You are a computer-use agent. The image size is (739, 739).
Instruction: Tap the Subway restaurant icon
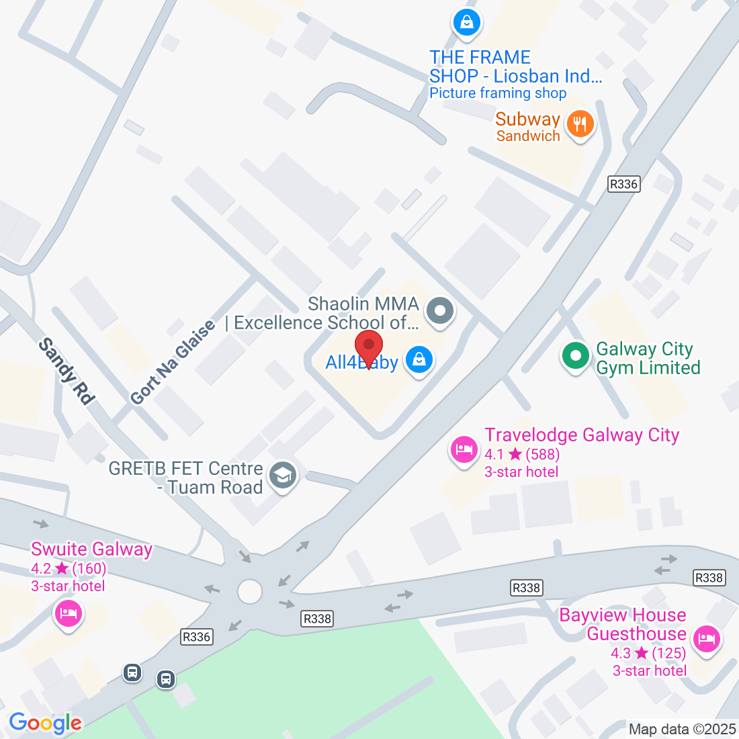(x=580, y=124)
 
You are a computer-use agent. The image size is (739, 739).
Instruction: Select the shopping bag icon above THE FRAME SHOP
(x=466, y=23)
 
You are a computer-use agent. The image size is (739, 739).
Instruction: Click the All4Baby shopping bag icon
(x=419, y=360)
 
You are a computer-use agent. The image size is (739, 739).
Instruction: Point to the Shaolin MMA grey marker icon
(x=441, y=311)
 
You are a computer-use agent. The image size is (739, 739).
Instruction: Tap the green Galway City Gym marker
(x=575, y=356)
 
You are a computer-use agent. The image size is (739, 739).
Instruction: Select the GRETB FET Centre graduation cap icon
(x=283, y=476)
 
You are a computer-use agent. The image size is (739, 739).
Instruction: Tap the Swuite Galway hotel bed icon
(x=69, y=613)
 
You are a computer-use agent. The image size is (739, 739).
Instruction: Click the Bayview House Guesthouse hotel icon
(x=705, y=638)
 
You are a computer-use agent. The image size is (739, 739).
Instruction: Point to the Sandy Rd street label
(x=66, y=372)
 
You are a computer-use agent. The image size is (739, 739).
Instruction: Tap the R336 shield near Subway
(x=623, y=184)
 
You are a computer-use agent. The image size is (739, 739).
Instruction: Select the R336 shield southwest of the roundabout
(x=197, y=636)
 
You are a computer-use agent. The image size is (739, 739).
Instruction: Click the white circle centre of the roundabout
(x=249, y=592)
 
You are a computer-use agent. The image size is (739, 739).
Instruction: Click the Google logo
(x=45, y=723)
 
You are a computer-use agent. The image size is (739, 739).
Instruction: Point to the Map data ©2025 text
(x=682, y=729)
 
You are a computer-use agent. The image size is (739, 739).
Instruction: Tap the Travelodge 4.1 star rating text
(x=522, y=454)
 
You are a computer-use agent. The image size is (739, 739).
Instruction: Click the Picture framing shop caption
(x=498, y=93)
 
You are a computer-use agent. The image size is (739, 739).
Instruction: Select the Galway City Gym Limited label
(x=648, y=359)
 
